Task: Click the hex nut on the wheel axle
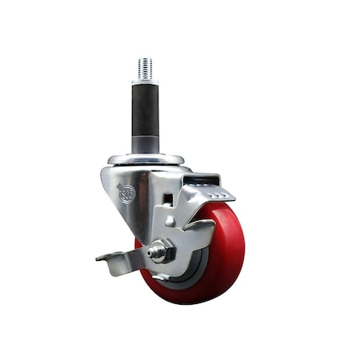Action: point(158,251)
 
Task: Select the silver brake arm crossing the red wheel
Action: point(196,236)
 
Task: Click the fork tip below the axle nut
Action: point(160,273)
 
